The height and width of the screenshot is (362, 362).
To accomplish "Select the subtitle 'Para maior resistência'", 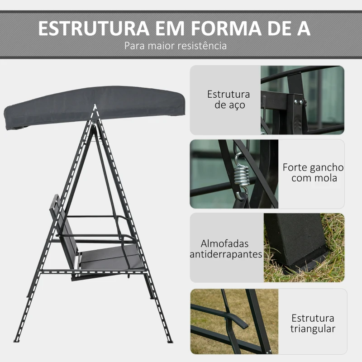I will point(176,46).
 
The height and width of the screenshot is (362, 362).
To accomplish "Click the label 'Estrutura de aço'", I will point(229,100).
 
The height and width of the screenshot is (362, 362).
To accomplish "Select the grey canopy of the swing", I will point(95,106).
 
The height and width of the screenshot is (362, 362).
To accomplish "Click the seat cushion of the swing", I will point(111,258).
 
